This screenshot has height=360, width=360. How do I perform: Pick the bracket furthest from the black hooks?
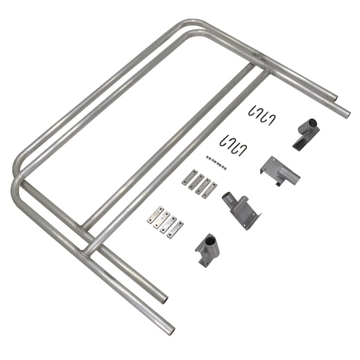pos(208,248)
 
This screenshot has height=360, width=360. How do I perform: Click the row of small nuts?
pos(215,162)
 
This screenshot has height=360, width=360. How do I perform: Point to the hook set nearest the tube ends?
pos(262,115)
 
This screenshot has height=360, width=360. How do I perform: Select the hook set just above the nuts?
pos(232,145)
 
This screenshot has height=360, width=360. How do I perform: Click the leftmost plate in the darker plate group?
pos(189,178)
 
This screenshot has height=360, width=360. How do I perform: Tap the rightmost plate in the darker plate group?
pos(209,190)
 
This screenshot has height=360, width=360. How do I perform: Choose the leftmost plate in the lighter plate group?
pos(155,215)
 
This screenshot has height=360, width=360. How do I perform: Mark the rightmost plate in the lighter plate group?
pos(175,229)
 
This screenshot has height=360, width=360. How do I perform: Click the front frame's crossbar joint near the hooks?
pos(266,73)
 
